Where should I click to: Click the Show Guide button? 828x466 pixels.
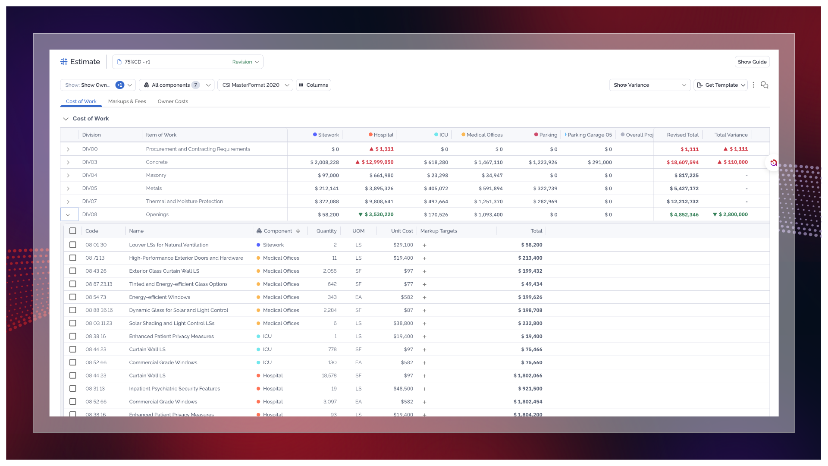[752, 62]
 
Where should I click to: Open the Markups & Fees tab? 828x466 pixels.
[127, 101]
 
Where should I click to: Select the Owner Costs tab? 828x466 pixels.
[173, 101]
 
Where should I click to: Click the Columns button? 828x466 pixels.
[314, 85]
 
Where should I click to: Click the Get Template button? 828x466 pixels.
[721, 85]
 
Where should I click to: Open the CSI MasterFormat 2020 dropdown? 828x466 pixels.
[255, 85]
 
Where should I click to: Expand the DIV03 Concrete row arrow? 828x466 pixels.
[68, 162]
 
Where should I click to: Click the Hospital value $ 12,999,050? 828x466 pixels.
[377, 162]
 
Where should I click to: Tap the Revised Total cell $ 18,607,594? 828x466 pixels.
[683, 162]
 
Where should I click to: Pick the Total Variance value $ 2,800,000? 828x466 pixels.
[733, 214]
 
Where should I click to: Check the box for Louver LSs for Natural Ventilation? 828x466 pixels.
[73, 245]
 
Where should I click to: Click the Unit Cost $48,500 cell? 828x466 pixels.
[403, 389]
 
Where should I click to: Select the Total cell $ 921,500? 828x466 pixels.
[530, 389]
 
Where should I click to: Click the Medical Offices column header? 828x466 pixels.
[482, 135]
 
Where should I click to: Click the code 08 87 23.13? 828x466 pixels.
[99, 284]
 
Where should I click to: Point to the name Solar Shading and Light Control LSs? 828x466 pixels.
[172, 323]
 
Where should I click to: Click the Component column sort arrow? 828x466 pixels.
[298, 231]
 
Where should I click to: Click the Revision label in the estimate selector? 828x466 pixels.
[242, 62]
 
